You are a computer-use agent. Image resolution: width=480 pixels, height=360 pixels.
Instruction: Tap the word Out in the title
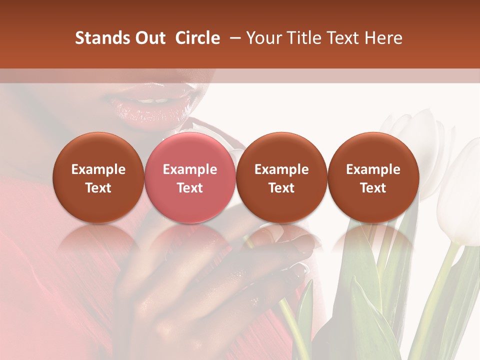pos(148,38)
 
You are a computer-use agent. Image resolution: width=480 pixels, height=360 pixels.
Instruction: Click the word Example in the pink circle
pos(190,169)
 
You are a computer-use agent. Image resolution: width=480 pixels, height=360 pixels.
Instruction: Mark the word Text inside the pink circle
pos(190,188)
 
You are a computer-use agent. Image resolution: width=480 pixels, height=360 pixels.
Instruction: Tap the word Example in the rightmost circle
pos(373,169)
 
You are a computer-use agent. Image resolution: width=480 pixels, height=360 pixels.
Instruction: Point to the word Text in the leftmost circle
pos(98,188)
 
